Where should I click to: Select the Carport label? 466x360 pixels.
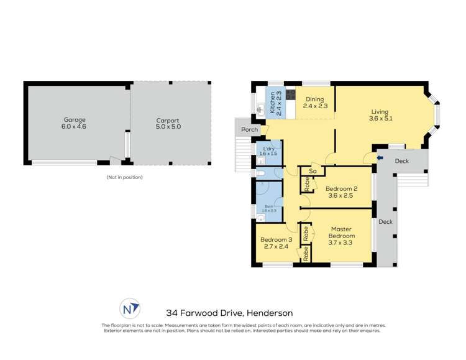168,121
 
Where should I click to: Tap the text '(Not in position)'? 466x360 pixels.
124,178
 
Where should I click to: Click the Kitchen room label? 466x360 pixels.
272,103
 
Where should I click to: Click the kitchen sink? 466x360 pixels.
260,108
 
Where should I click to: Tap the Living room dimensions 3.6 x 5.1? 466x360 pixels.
380,118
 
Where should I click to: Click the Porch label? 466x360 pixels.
250,130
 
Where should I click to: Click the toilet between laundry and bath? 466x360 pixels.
260,173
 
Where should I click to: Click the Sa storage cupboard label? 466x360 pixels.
313,171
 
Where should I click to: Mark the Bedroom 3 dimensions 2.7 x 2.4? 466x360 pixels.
276,247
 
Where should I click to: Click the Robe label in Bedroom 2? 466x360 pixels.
307,185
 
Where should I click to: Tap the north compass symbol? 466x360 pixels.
129,308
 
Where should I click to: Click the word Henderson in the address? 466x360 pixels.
270,313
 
